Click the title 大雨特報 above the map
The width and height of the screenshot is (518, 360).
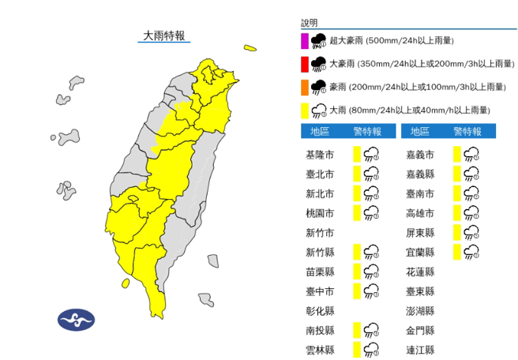point(163,35)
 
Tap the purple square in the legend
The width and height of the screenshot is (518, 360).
point(305,40)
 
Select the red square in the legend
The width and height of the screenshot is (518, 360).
point(305,63)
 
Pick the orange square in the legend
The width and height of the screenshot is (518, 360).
point(305,86)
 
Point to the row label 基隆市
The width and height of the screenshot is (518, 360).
point(319,154)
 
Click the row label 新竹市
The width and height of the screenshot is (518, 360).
point(319,233)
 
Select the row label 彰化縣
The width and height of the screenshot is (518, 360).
point(319,311)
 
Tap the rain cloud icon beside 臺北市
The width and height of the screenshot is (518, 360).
point(371,174)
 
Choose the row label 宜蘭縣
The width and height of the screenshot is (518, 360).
point(419,253)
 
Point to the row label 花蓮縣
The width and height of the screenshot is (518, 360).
point(419,272)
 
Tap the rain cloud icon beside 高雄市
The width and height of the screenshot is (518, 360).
point(471,213)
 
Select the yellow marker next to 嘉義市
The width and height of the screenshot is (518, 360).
point(457,154)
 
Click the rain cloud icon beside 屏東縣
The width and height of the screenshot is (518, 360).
point(471,233)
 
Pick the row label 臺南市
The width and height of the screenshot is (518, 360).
point(419,193)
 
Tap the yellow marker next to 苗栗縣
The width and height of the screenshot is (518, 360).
point(357,272)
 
